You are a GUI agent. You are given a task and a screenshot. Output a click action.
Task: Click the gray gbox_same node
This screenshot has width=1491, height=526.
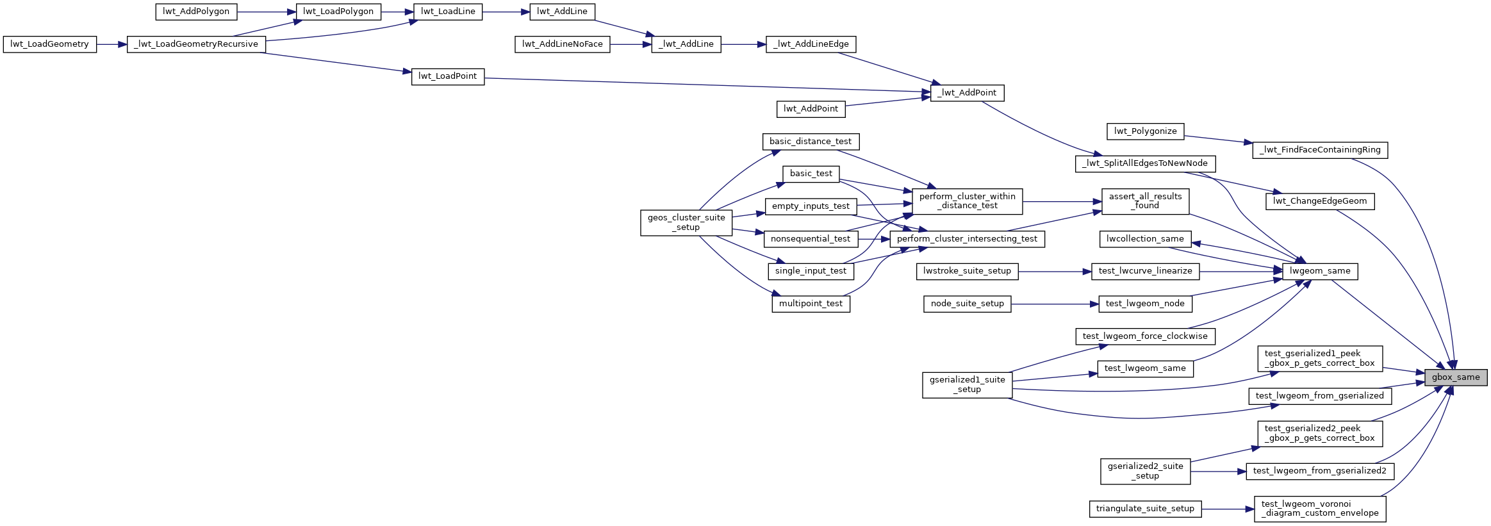point(1456,377)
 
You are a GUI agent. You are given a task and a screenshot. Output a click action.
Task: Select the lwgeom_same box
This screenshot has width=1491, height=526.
point(1320,271)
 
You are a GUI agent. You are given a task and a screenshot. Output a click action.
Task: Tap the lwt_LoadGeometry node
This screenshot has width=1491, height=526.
point(50,44)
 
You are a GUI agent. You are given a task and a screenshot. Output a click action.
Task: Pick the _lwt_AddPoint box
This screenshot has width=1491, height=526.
point(967,93)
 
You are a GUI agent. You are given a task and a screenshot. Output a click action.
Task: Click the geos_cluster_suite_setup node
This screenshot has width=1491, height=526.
point(686,222)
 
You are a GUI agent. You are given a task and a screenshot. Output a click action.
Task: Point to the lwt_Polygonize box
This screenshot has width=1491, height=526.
point(1145,131)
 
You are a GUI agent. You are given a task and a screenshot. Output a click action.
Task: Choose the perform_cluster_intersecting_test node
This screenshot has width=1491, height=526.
point(967,239)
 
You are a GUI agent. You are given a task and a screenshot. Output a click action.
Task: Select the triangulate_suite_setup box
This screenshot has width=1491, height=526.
point(1145,509)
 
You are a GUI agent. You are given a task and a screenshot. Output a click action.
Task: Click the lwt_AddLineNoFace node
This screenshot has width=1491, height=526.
point(562,44)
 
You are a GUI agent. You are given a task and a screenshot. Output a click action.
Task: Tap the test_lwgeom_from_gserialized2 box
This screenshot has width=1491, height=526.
point(1320,471)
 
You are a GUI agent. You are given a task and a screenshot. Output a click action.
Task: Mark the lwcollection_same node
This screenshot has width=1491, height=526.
point(1145,239)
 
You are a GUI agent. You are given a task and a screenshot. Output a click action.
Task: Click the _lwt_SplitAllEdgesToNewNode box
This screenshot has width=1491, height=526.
point(1145,163)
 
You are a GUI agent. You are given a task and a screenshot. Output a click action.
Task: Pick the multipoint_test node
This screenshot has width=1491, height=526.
point(811,304)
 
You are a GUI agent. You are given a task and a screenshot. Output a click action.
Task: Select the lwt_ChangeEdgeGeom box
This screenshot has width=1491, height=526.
point(1320,201)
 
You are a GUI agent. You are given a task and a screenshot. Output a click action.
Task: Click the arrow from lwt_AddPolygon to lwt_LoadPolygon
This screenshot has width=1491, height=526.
point(267,12)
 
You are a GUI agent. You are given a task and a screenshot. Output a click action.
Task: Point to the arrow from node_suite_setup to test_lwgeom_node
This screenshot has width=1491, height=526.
point(1055,304)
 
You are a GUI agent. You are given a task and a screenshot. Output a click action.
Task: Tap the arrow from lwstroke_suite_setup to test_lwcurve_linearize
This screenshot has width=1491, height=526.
point(1055,271)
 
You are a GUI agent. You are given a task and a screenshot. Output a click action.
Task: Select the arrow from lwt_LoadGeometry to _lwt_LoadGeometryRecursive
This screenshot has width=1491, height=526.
point(112,44)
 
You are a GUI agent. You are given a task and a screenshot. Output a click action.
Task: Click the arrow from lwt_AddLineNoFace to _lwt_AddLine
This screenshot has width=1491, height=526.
point(630,44)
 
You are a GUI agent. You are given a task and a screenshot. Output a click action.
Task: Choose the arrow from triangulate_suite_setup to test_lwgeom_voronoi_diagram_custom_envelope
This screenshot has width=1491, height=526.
point(1228,509)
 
